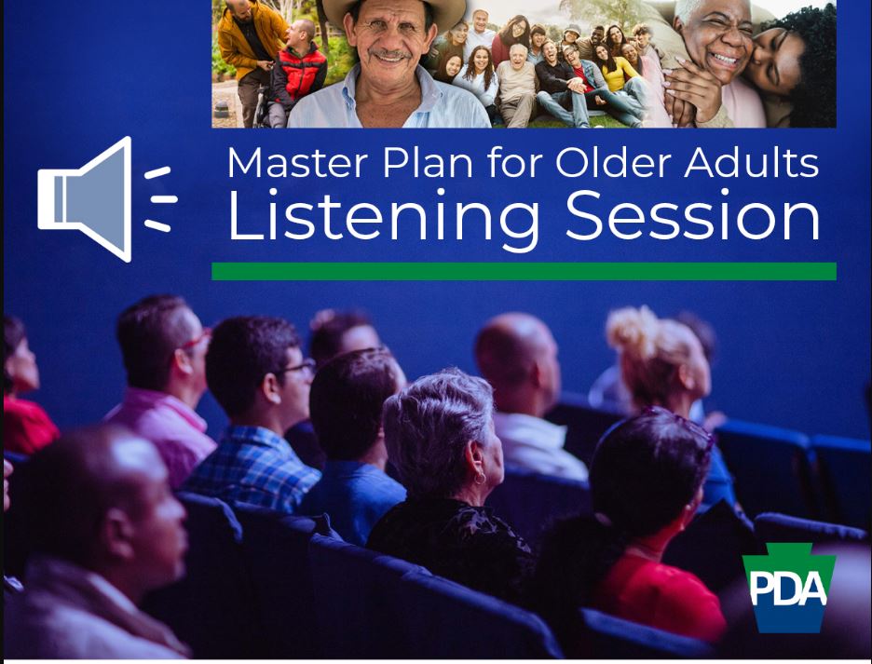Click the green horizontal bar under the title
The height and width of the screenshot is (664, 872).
(x=524, y=271)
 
